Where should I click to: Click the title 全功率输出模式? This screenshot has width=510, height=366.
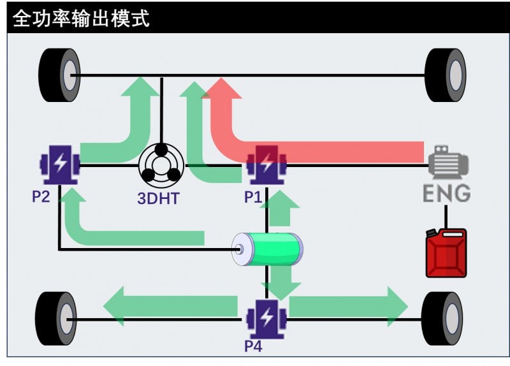pyautogui.click(x=81, y=18)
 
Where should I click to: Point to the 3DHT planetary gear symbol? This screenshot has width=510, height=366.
pyautogui.click(x=161, y=165)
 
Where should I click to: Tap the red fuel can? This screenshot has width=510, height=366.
pyautogui.click(x=446, y=253)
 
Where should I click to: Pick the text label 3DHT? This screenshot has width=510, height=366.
pyautogui.click(x=158, y=198)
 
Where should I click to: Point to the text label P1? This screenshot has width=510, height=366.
pyautogui.click(x=253, y=197)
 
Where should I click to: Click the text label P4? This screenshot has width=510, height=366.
pyautogui.click(x=253, y=347)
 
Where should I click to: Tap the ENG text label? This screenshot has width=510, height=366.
pyautogui.click(x=448, y=192)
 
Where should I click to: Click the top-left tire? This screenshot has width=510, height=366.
pyautogui.click(x=60, y=75)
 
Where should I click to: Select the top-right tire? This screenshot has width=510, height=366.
pyautogui.click(x=446, y=75)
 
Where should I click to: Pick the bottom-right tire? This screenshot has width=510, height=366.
pyautogui.click(x=442, y=319)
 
